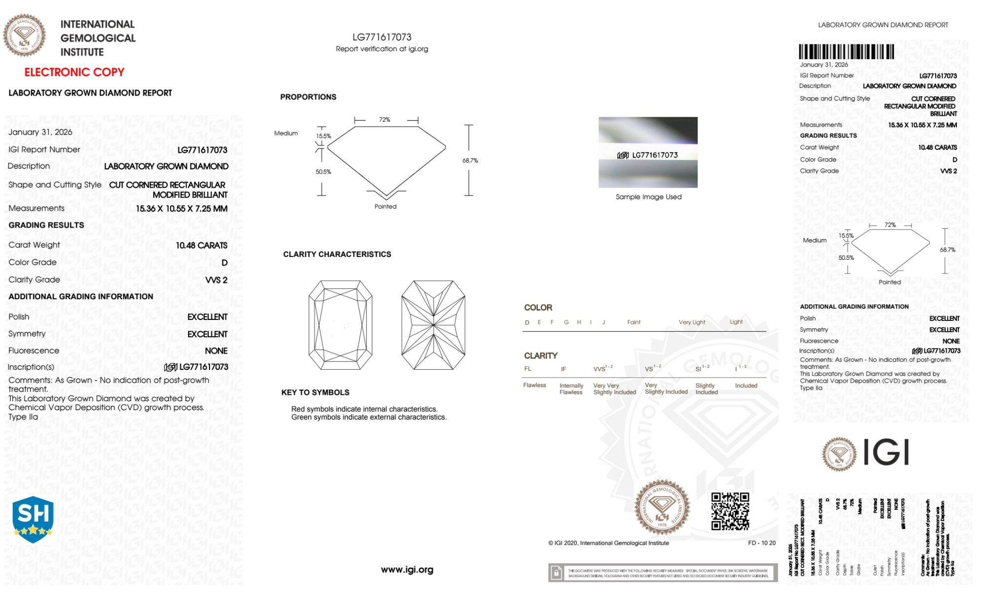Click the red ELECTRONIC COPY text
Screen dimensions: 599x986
pyautogui.click(x=74, y=72)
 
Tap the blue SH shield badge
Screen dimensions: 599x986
pyautogui.click(x=33, y=519)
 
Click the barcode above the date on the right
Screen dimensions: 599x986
pyautogui.click(x=846, y=52)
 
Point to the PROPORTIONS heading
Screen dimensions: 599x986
pyautogui.click(x=308, y=97)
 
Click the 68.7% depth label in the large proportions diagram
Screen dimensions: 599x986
pyautogui.click(x=470, y=161)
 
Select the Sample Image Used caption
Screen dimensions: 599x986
pyautogui.click(x=648, y=197)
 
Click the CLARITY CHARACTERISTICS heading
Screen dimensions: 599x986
pyautogui.click(x=337, y=254)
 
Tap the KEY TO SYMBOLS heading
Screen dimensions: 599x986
pyautogui.click(x=315, y=392)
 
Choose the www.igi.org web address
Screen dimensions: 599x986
pyautogui.click(x=407, y=569)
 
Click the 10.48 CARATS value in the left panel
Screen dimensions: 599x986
pyautogui.click(x=202, y=246)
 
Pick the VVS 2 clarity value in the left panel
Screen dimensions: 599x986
pyautogui.click(x=216, y=280)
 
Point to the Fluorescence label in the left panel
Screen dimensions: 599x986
pyautogui.click(x=34, y=351)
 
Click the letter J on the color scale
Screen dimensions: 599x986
pyautogui.click(x=604, y=322)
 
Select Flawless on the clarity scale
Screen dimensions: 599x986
pyautogui.click(x=535, y=385)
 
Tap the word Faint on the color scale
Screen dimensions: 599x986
pyautogui.click(x=634, y=322)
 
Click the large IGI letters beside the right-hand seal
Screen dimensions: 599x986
pyautogui.click(x=886, y=452)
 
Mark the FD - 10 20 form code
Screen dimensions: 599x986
pyautogui.click(x=761, y=543)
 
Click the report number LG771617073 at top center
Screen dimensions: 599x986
pyautogui.click(x=382, y=37)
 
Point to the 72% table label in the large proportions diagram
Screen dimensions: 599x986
pyautogui.click(x=385, y=120)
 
